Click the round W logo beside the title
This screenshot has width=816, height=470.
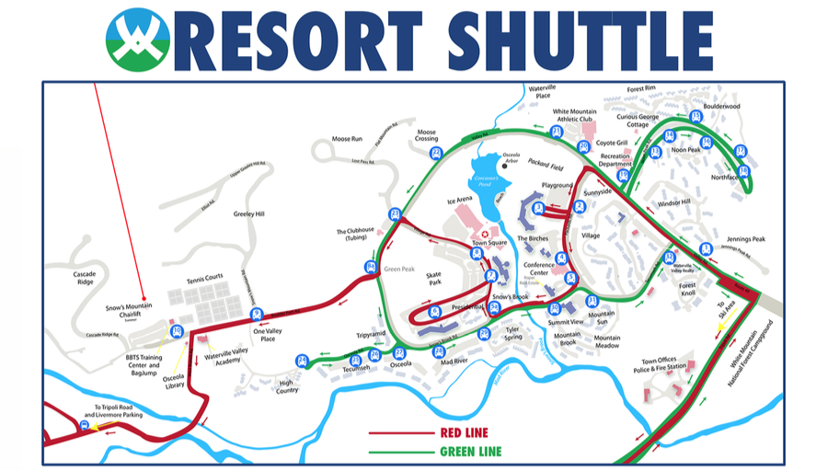click(x=138, y=40)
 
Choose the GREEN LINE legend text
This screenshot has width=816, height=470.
click(x=470, y=451)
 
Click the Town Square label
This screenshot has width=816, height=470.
click(x=490, y=243)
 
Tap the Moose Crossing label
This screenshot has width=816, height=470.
click(x=426, y=135)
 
